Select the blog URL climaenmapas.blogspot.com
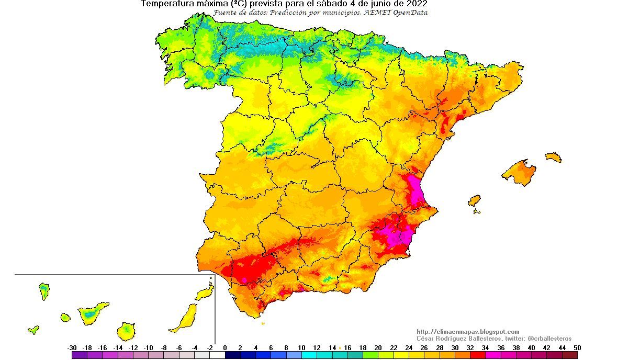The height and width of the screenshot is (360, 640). point(468,332)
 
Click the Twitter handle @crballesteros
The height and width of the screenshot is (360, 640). point(549,339)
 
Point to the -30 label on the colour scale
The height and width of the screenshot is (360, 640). point(72,347)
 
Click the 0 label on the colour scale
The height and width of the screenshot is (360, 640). point(225,347)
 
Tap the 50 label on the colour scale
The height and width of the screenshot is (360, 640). point(577,347)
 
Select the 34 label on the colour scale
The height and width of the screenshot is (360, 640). point(485,347)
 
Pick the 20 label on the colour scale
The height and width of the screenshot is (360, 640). point(378,347)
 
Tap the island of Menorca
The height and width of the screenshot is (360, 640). point(553,157)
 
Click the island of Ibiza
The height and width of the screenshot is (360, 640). point(474,200)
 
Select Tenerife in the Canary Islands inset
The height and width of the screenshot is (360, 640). point(92,312)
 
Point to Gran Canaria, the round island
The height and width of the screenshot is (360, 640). point(126,331)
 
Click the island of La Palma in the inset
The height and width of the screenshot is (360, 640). point(44,291)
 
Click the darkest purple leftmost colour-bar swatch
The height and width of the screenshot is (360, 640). point(80,355)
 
